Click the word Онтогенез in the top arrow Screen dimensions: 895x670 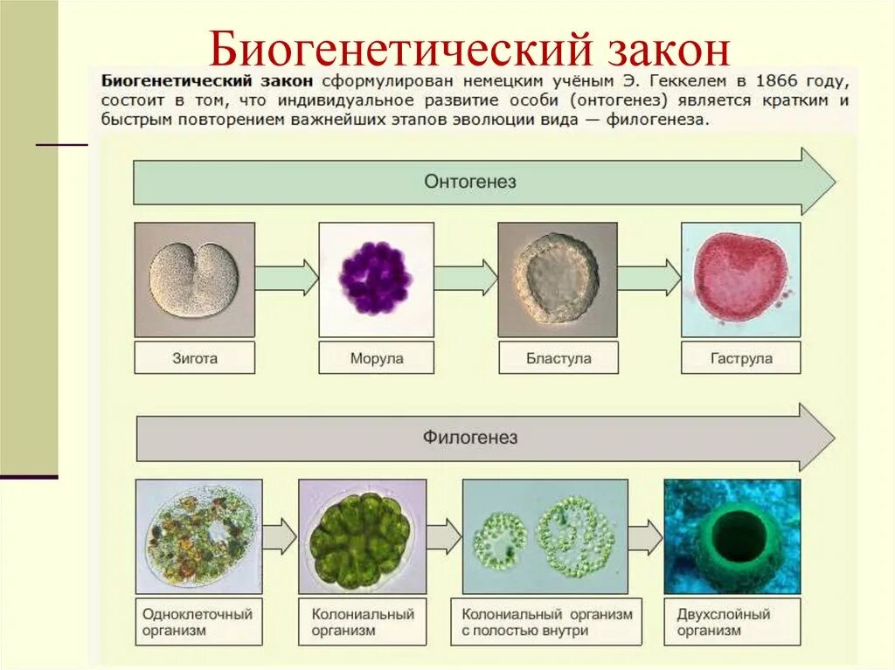coord(469,182)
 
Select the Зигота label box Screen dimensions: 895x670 coord(194,358)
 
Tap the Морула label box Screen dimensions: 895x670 coord(376,358)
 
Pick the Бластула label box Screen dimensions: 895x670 coord(558,358)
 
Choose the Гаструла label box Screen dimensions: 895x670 coord(741,358)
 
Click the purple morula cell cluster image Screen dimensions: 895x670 coord(376,279)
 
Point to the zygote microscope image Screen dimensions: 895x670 coord(194,279)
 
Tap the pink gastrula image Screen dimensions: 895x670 coord(740,279)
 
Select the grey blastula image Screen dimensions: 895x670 coord(558,279)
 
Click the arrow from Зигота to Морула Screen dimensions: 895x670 coord(287,277)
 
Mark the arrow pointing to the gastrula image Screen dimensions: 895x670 coord(649,277)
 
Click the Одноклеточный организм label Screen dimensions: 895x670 coord(198,621)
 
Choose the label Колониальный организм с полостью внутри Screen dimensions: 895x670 coord(546,621)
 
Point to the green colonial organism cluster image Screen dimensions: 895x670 coord(362,535)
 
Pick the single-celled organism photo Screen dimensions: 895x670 coord(198,535)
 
